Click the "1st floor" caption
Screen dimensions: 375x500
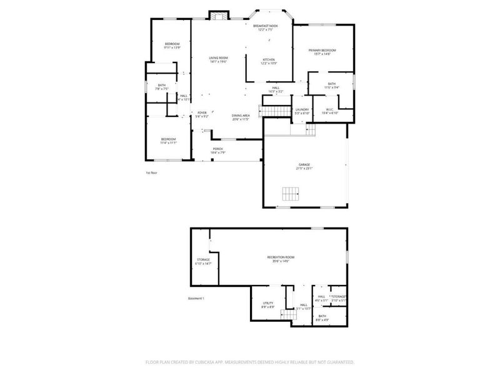151,172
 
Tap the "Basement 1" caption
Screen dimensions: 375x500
197,298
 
